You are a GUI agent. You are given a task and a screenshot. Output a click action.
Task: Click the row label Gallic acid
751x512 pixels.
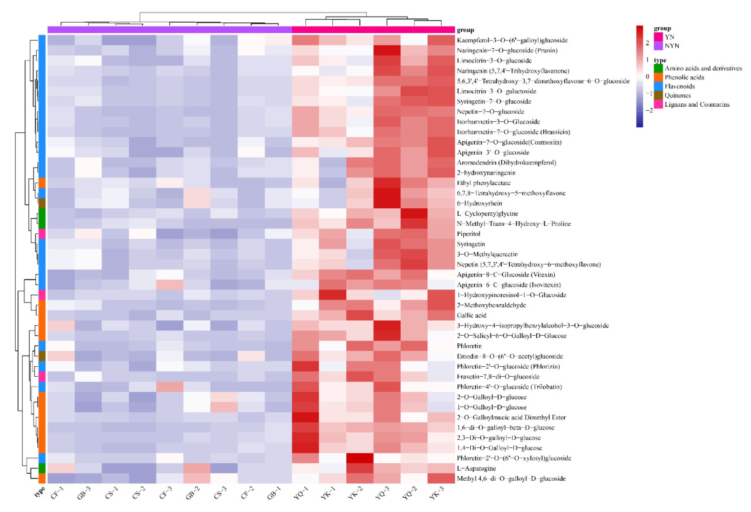[x=471, y=315]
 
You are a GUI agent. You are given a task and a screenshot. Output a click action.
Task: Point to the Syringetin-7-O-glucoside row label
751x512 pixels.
[x=494, y=101]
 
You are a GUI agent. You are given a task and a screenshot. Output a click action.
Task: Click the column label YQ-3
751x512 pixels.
[x=382, y=493]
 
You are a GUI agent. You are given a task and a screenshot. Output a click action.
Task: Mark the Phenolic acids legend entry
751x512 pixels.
[x=684, y=77]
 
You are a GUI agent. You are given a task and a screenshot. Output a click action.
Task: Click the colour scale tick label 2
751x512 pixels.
[x=647, y=43]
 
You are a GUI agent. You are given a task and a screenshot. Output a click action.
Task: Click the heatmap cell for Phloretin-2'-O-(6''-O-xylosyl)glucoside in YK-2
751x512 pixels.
[x=360, y=458]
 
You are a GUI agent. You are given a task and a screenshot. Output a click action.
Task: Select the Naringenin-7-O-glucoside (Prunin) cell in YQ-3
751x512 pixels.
[x=387, y=50]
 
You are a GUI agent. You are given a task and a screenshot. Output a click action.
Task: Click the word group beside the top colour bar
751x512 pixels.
[x=465, y=30]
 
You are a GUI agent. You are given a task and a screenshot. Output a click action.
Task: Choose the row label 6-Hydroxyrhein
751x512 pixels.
[x=479, y=203]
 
